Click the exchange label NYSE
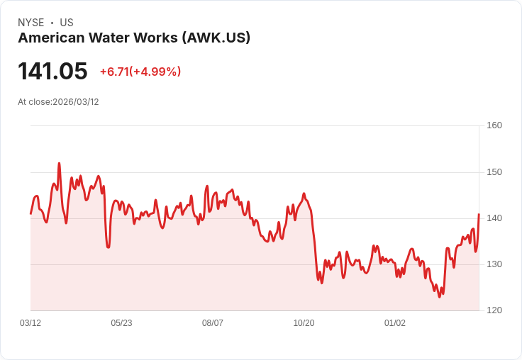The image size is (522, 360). pyautogui.click(x=30, y=23)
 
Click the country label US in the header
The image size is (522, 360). pyautogui.click(x=67, y=23)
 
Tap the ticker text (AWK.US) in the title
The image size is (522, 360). pyautogui.click(x=216, y=38)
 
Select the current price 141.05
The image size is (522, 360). pyautogui.click(x=52, y=72)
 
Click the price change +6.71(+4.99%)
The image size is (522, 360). pyautogui.click(x=140, y=72)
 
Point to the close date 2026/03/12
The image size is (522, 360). pyautogui.click(x=76, y=102)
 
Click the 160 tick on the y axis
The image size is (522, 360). pyautogui.click(x=494, y=125)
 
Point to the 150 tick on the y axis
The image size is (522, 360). pyautogui.click(x=494, y=172)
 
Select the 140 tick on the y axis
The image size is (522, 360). pyautogui.click(x=494, y=218)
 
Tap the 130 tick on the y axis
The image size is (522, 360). pyautogui.click(x=494, y=264)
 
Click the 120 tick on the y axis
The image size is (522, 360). pyautogui.click(x=494, y=310)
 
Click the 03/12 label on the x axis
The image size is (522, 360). pyautogui.click(x=30, y=323)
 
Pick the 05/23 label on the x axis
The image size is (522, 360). pyautogui.click(x=121, y=323)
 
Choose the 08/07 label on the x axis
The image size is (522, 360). pyautogui.click(x=213, y=323)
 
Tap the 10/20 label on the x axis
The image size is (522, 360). pyautogui.click(x=304, y=323)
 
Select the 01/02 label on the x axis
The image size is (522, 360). pyautogui.click(x=395, y=323)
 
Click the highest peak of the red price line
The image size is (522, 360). pyautogui.click(x=59, y=163)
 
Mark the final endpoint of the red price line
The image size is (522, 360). pyautogui.click(x=479, y=214)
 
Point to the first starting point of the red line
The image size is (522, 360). pyautogui.click(x=30, y=213)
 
